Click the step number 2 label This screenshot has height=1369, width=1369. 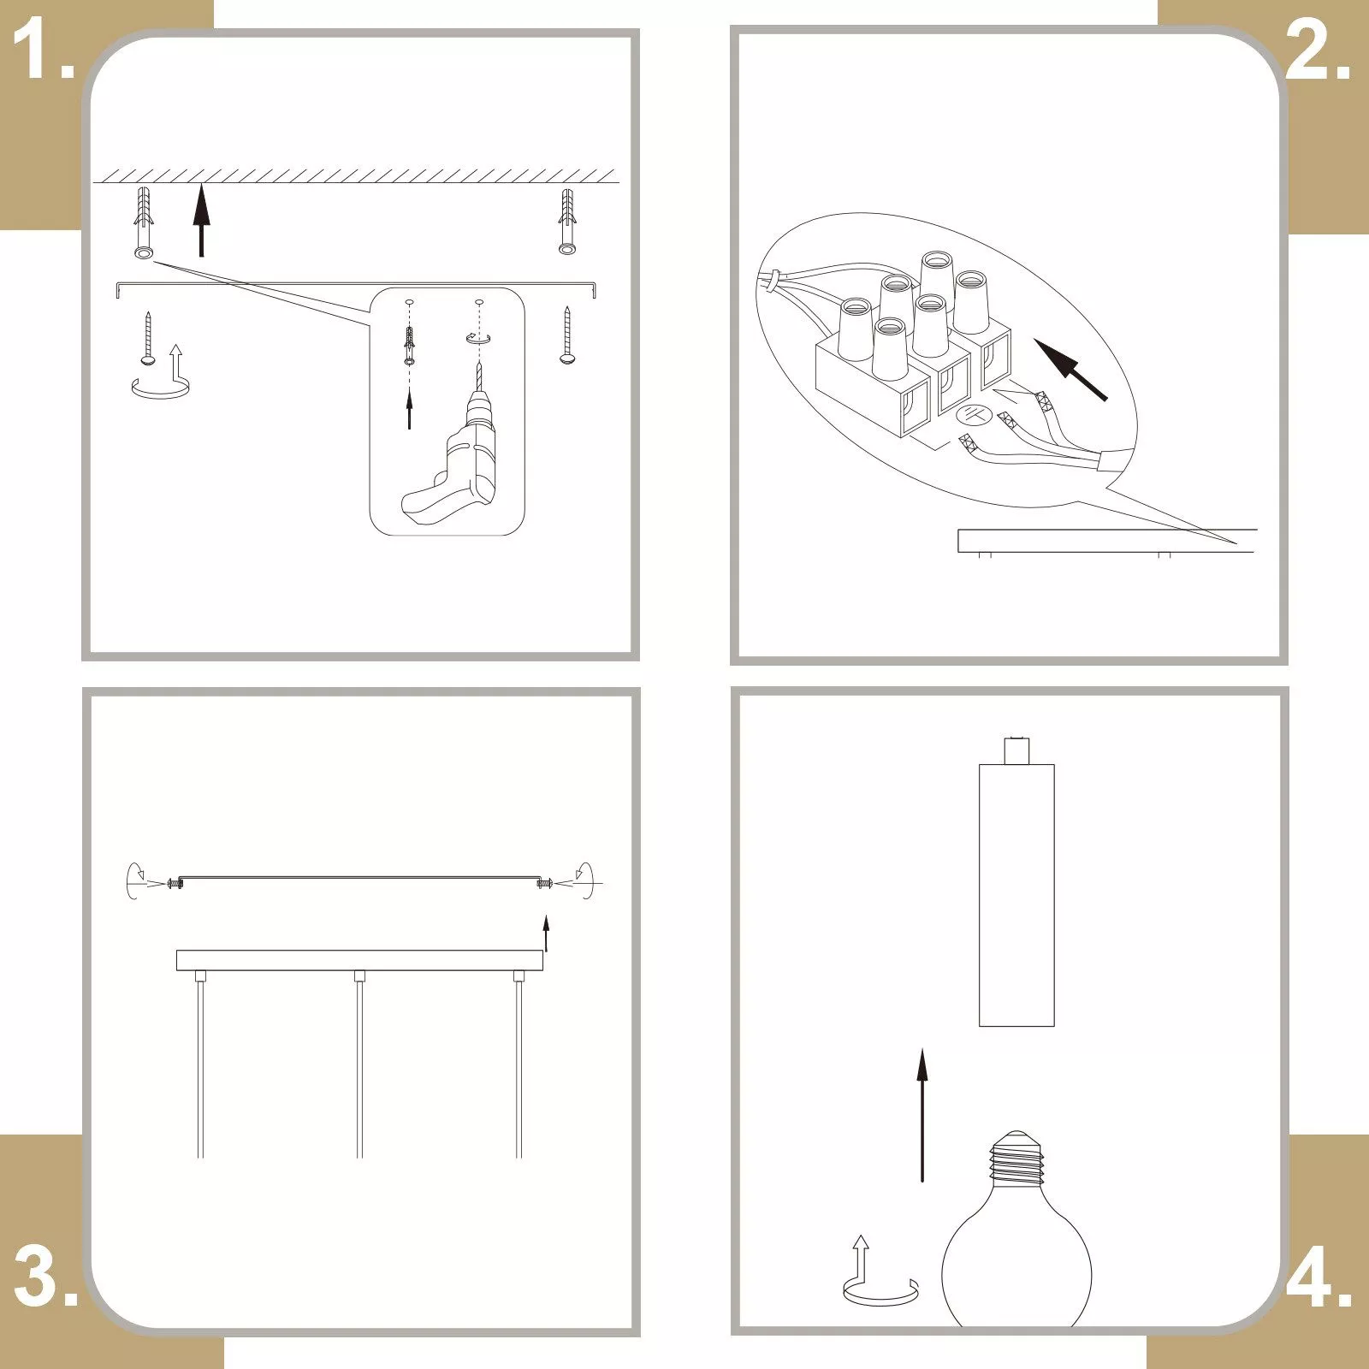coord(1319,51)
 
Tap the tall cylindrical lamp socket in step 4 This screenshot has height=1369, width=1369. coord(1016,881)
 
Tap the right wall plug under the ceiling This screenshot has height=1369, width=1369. coord(566,222)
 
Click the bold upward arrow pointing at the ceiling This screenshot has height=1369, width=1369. coord(201,220)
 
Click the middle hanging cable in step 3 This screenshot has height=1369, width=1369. coord(359,1064)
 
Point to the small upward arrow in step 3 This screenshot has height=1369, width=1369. coord(546,933)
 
